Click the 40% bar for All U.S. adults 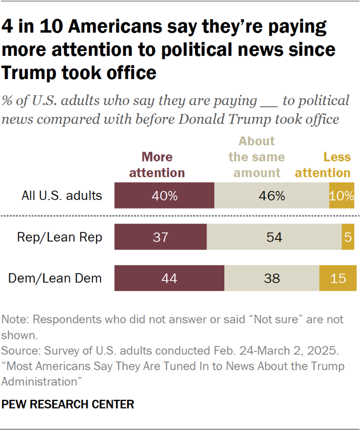click(164, 195)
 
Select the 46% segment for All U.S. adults click(272, 195)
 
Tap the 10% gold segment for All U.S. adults click(341, 195)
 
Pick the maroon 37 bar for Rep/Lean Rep click(161, 237)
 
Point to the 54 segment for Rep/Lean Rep click(274, 237)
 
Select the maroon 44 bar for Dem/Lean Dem click(170, 278)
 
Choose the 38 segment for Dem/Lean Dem click(272, 278)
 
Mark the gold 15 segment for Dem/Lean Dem click(337, 278)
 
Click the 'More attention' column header click(157, 165)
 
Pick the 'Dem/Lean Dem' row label click(55, 278)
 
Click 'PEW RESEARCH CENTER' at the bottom click(68, 404)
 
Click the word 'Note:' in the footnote click(16, 320)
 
